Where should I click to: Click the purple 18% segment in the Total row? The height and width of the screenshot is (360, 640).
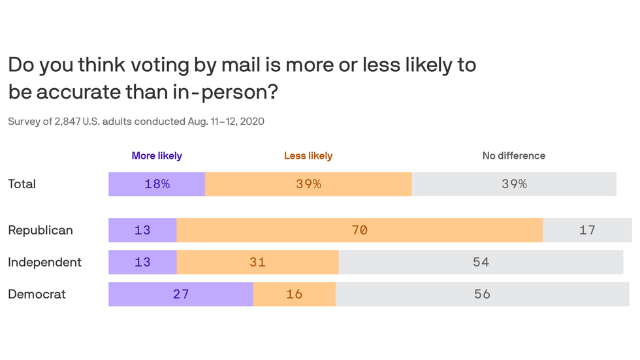click(x=157, y=184)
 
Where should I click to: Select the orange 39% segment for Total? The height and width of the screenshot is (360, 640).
click(x=308, y=184)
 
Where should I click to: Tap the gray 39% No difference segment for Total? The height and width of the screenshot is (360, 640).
click(x=514, y=184)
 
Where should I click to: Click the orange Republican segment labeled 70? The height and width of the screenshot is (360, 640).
click(x=360, y=230)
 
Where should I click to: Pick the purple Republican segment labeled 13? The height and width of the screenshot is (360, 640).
click(x=142, y=230)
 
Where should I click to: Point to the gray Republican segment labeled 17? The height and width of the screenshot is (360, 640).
click(x=587, y=230)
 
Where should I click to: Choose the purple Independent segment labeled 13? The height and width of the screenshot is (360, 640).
click(x=142, y=262)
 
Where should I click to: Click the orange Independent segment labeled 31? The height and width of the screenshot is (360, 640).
click(x=257, y=262)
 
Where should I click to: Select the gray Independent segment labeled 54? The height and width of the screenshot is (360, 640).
click(x=481, y=262)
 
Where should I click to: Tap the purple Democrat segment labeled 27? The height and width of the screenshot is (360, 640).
click(x=181, y=294)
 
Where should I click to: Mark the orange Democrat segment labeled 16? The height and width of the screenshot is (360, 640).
click(x=295, y=294)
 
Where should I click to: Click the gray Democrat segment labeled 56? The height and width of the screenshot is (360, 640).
click(x=482, y=294)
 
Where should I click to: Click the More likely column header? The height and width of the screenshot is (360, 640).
click(x=157, y=155)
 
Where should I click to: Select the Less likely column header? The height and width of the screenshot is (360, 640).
click(x=308, y=155)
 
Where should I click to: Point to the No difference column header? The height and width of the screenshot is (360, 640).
click(x=514, y=155)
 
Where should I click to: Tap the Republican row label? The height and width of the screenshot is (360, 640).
click(x=40, y=230)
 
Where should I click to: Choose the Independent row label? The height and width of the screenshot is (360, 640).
click(x=44, y=262)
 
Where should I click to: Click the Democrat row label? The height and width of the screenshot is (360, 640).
click(x=37, y=294)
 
